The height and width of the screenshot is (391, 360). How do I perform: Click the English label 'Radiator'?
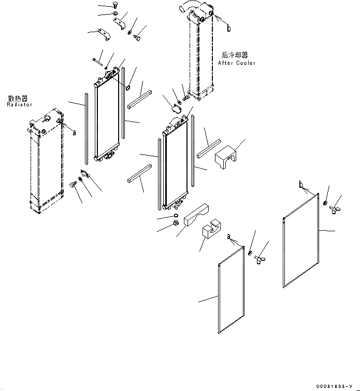(20, 105)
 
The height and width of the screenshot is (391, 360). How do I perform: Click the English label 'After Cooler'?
(237, 63)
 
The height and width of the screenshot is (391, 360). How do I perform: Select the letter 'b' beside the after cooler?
(228, 29)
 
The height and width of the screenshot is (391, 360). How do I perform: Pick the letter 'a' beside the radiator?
(74, 133)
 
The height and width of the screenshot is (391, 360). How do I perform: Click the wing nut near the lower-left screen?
(259, 259)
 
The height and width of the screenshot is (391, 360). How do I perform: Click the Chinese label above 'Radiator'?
(18, 98)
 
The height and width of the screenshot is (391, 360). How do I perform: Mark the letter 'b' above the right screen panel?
(301, 184)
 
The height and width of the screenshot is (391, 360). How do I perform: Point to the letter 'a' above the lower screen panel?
(228, 237)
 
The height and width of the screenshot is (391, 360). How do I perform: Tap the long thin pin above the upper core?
(98, 62)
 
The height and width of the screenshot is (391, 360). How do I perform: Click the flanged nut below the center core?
(176, 224)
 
